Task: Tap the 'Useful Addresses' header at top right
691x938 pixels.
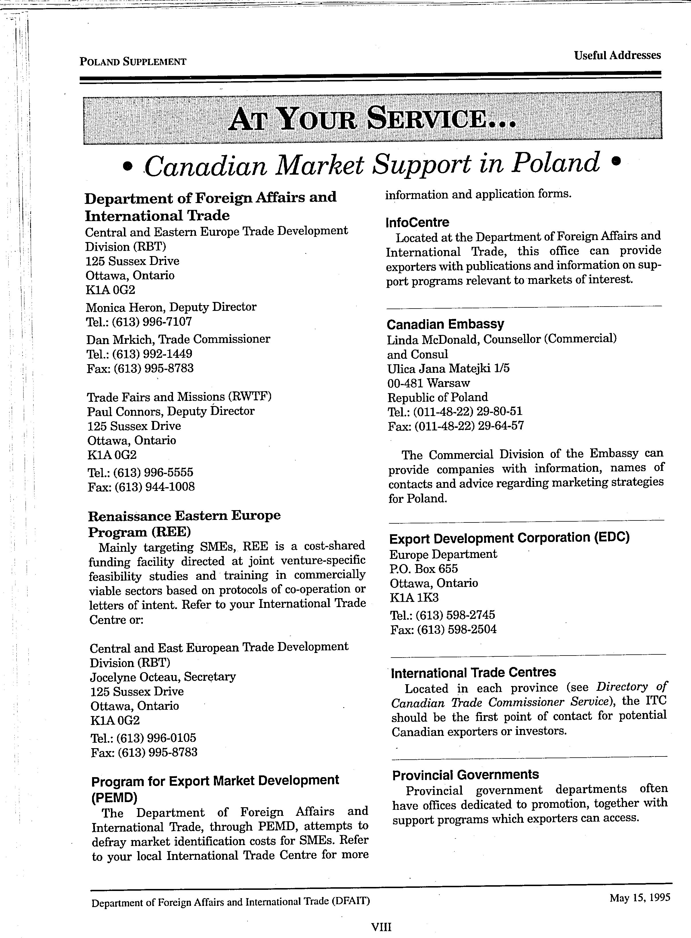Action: coord(617,55)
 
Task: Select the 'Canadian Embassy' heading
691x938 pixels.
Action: coord(445,324)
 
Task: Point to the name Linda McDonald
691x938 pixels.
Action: coord(433,340)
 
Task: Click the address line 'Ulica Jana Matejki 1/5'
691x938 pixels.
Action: coord(448,368)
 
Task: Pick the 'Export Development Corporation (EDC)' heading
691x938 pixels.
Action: coord(509,538)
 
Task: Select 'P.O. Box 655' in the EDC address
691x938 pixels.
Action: coord(423,569)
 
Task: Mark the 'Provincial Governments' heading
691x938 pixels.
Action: coord(465,775)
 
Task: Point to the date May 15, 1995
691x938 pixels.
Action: coord(640,898)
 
